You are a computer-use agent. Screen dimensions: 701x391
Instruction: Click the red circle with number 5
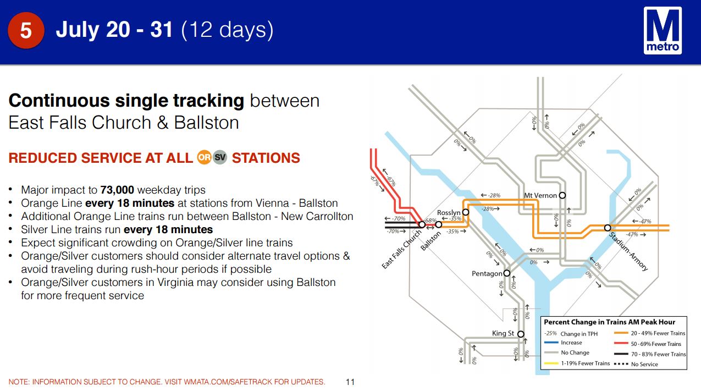(26, 30)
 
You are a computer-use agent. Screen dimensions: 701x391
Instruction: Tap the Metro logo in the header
(663, 30)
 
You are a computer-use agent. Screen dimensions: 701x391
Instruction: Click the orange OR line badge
(204, 157)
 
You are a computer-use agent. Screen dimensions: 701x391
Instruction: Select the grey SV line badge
(220, 157)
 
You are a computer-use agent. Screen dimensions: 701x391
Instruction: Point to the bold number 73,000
(117, 190)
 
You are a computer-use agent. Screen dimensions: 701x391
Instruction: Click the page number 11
(350, 382)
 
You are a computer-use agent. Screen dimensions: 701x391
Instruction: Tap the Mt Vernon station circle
(562, 195)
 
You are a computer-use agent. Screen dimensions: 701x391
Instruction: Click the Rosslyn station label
(449, 213)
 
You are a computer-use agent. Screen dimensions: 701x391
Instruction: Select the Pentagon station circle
(507, 273)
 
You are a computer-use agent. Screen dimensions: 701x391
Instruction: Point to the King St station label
(503, 333)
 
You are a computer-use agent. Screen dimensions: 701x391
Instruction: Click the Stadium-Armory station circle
(608, 228)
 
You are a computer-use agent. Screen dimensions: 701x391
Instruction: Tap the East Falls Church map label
(402, 249)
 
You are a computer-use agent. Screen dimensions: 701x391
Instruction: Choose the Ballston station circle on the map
(439, 224)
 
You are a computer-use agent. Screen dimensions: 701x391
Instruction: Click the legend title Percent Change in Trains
(610, 322)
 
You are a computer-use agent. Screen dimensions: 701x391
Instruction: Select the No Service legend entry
(636, 364)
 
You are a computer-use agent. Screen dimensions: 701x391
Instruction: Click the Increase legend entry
(563, 343)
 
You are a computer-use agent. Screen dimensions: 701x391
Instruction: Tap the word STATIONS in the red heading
(266, 158)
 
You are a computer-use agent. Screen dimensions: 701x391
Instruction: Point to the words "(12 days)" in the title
(227, 30)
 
